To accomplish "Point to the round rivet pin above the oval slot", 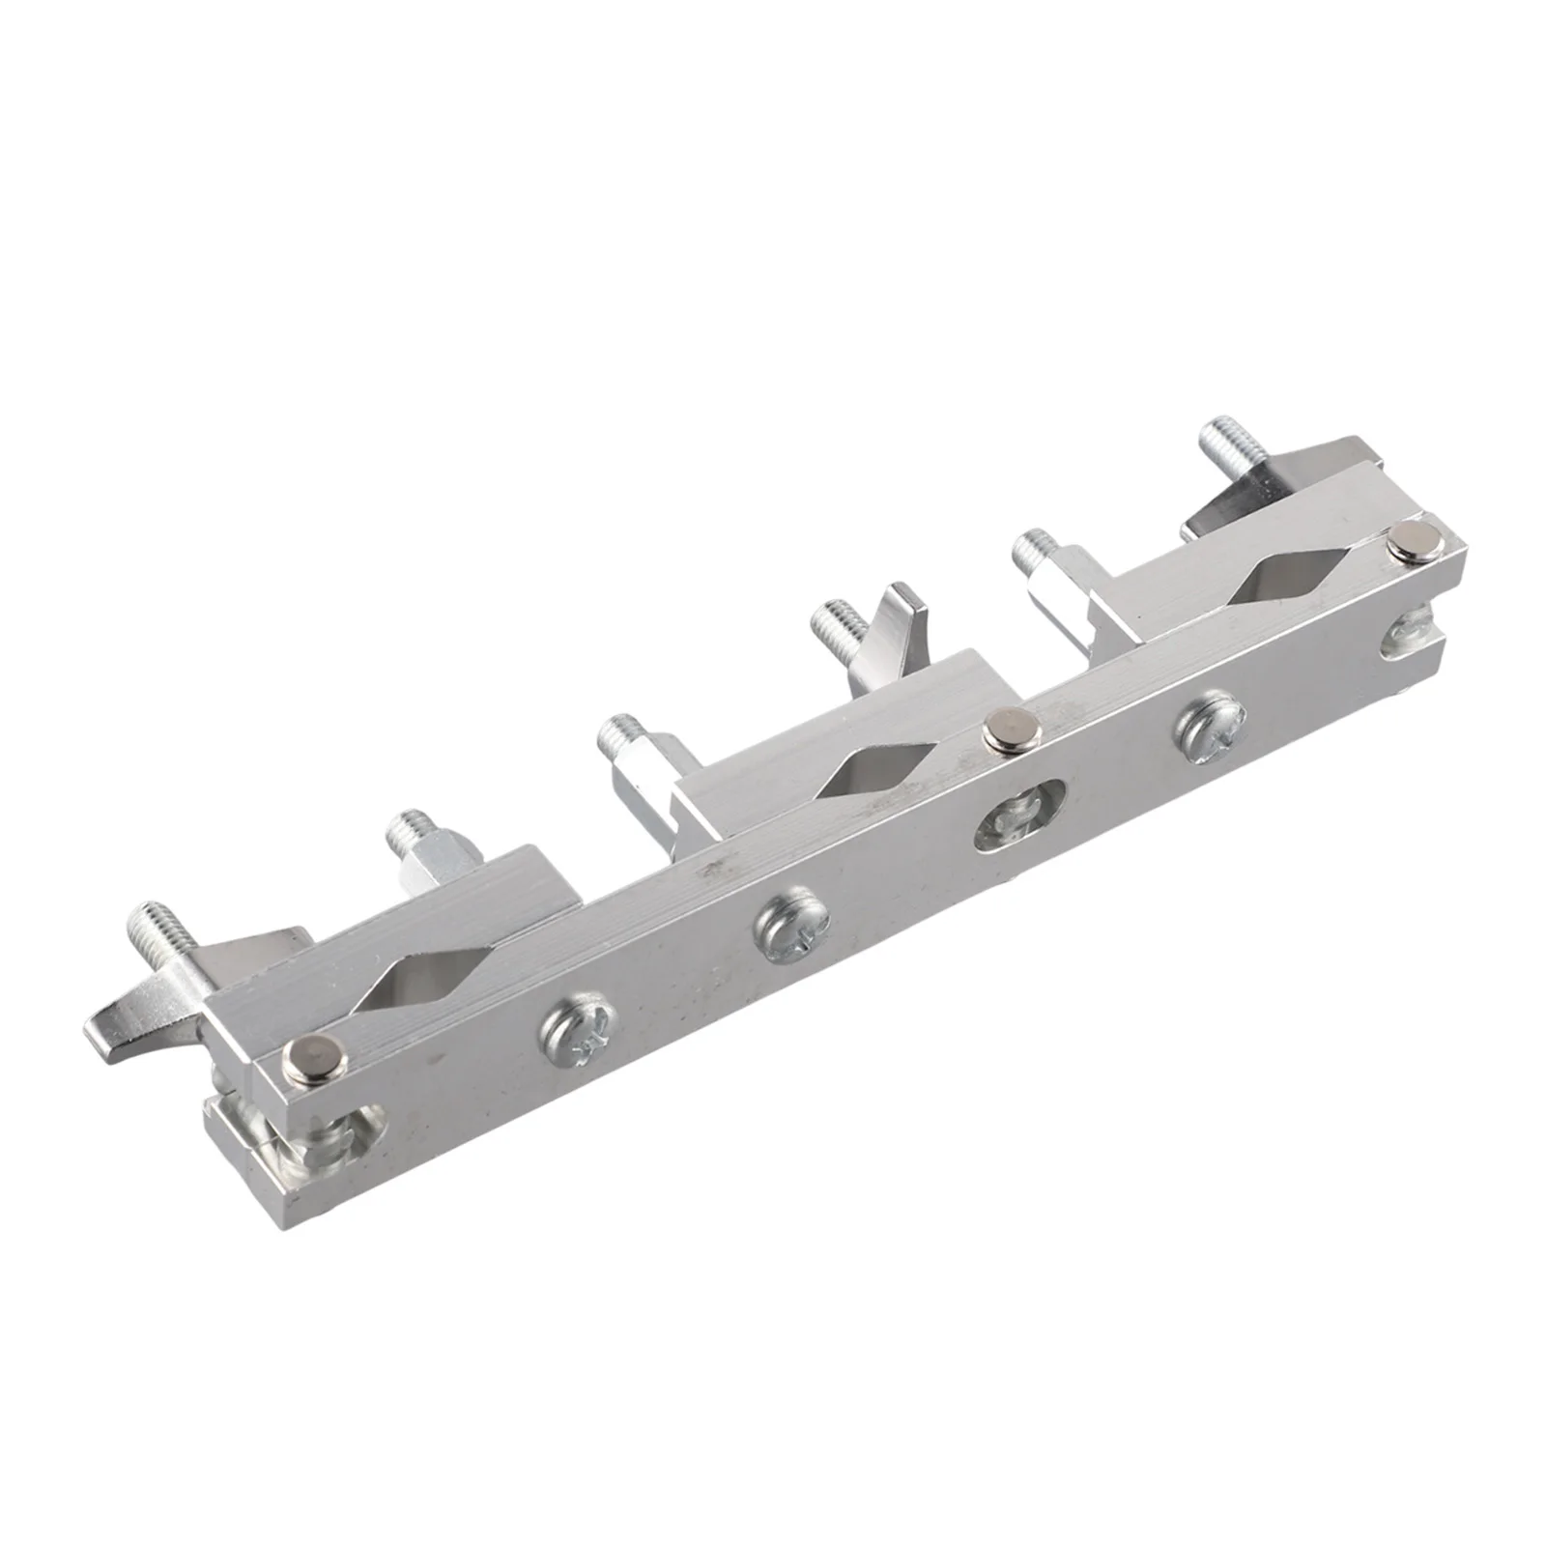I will [1006, 729].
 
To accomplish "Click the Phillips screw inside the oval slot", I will [1022, 814].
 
